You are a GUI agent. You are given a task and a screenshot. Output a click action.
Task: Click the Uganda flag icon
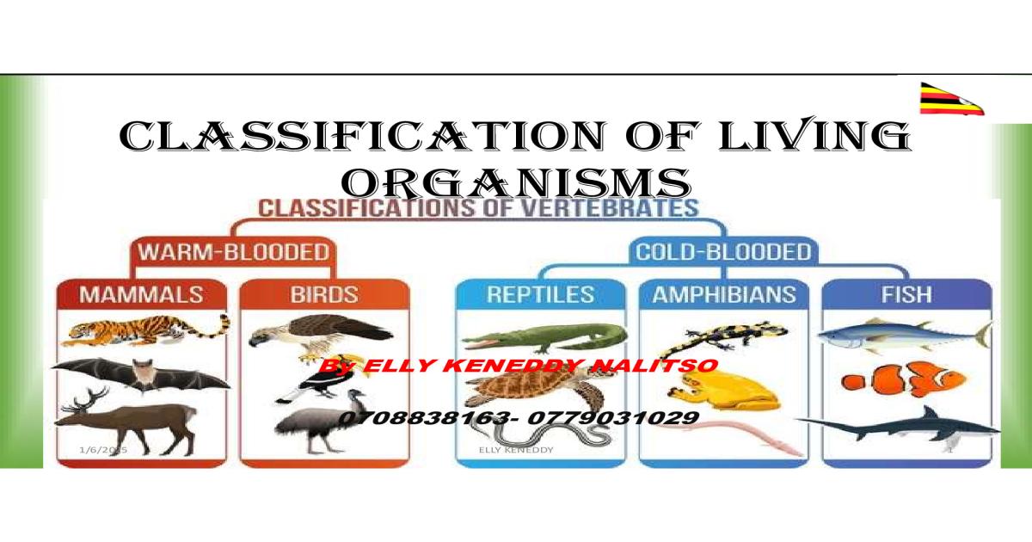point(951,99)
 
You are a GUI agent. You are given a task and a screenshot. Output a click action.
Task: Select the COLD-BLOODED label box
point(722,253)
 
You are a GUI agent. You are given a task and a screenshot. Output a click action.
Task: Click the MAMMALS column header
point(142,294)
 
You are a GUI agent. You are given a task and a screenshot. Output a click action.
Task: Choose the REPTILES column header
point(541,294)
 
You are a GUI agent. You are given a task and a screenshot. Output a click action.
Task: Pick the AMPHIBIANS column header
point(724,294)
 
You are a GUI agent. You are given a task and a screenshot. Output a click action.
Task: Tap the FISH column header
point(906,294)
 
